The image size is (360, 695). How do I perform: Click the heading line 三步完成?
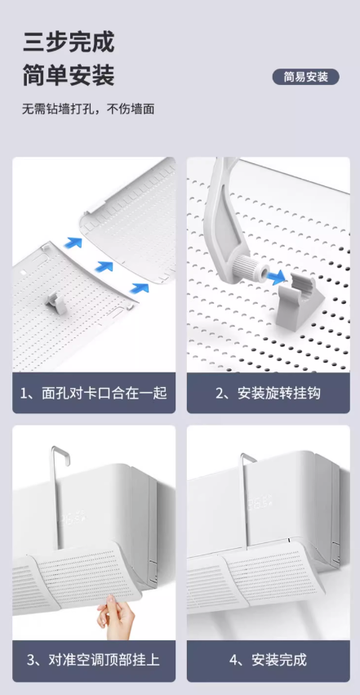[69, 42]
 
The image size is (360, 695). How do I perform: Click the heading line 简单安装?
[69, 75]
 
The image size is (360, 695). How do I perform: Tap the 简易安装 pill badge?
[305, 77]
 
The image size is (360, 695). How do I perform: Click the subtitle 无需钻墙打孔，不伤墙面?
[88, 109]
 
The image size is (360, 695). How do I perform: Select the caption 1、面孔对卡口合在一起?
[94, 393]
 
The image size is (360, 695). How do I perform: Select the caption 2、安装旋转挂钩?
[268, 393]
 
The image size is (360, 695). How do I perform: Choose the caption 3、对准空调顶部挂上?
[94, 661]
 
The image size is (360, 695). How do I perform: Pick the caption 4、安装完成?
[268, 661]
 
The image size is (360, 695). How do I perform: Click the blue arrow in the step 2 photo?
[275, 278]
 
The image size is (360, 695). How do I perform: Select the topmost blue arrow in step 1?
[73, 243]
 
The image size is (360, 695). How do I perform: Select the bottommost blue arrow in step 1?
[139, 287]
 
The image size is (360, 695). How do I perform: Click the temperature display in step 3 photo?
[71, 518]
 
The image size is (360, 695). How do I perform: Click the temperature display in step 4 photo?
[259, 503]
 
